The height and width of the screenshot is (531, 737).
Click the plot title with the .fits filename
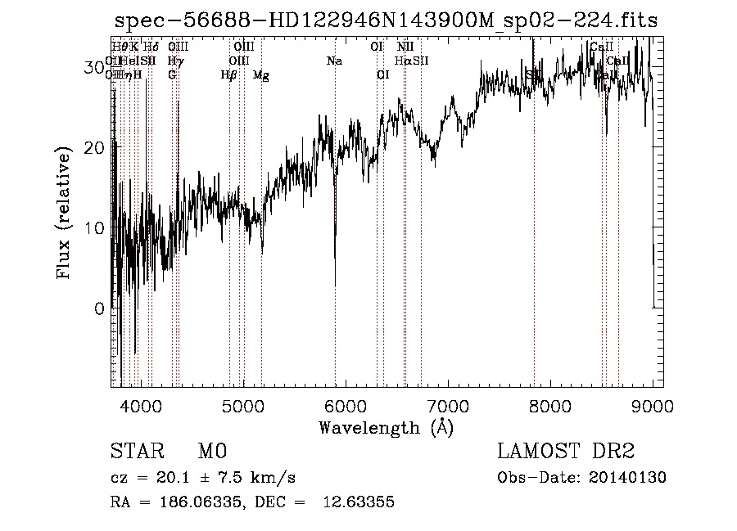pos(387,20)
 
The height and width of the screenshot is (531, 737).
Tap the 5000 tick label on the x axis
pos(244,404)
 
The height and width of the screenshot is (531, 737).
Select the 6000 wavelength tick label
pos(346,404)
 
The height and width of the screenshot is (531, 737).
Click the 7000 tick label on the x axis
pos(448,404)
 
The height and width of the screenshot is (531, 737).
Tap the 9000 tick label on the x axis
pos(652,404)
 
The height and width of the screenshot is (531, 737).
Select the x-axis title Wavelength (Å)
pos(386,427)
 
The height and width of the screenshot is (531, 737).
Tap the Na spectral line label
pos(333,61)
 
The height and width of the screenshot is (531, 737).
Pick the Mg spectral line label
pos(260,76)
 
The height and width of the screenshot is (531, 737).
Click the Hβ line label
pos(228,75)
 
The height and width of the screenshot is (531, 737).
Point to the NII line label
pos(405,47)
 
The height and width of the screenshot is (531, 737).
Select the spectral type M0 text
pos(211,452)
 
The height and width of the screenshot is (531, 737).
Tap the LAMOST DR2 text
pos(566,452)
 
